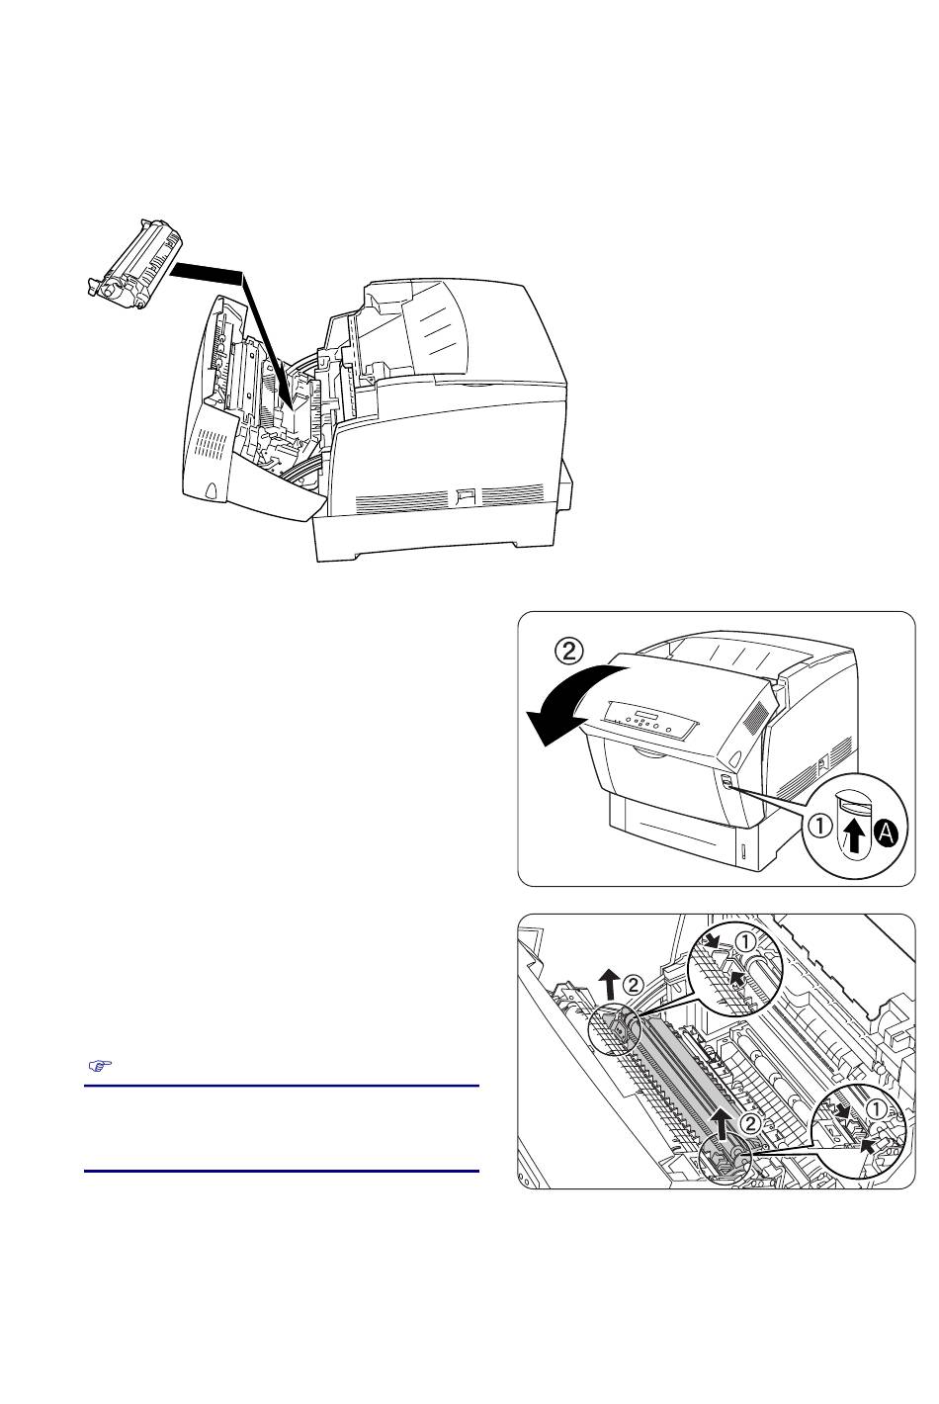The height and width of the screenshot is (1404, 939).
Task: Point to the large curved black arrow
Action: click(577, 706)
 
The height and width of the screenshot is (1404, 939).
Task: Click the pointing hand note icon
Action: click(99, 1065)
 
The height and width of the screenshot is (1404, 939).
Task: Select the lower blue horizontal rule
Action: click(282, 1171)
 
